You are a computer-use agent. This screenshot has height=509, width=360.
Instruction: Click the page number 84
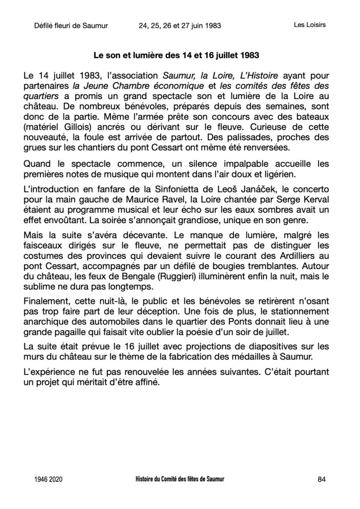pyautogui.click(x=321, y=479)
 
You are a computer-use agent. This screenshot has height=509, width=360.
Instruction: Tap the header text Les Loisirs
pyautogui.click(x=308, y=25)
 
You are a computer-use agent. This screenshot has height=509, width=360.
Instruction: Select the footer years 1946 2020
pyautogui.click(x=49, y=480)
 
